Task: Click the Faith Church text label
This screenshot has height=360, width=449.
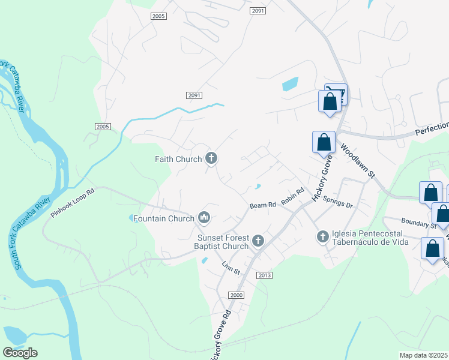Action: [x=178, y=159]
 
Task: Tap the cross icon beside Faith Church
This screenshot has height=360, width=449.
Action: [x=211, y=158]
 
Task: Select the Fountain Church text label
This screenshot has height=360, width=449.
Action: [x=164, y=218]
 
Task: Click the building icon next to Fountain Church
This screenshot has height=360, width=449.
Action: [x=203, y=218]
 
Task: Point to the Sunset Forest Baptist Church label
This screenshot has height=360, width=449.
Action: [x=223, y=241]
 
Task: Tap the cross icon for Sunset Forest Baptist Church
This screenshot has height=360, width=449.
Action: [x=258, y=241]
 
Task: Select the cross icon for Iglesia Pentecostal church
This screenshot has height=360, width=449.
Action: [x=322, y=238]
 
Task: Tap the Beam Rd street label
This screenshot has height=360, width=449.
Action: [x=262, y=205]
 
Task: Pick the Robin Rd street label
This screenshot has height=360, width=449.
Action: [x=293, y=199]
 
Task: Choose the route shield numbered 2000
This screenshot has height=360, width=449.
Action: [x=237, y=295]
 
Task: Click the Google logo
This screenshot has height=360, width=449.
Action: [x=20, y=353]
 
